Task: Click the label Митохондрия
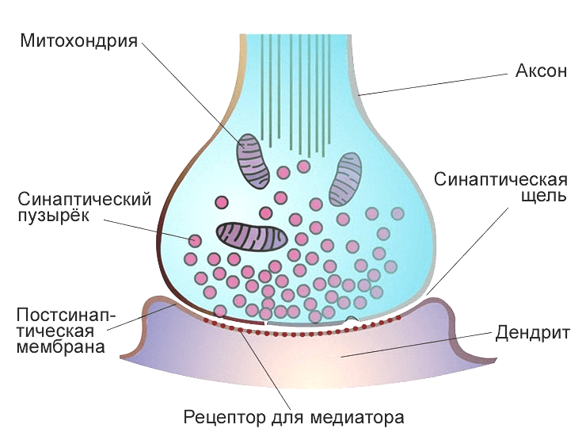point(79,40)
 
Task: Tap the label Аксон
point(541,71)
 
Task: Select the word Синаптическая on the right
point(500,179)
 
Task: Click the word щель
point(544,195)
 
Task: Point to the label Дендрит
point(533,333)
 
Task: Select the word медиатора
point(357,417)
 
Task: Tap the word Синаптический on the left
point(85,199)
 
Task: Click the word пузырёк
point(54,216)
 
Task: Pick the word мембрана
point(60,347)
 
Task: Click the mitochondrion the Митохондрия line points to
point(253,161)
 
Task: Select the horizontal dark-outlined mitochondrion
point(253,236)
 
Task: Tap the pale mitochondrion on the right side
point(345,180)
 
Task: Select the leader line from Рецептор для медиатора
point(266,370)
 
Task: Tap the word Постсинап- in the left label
point(66,315)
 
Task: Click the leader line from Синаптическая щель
point(467,251)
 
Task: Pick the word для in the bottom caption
point(287,418)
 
